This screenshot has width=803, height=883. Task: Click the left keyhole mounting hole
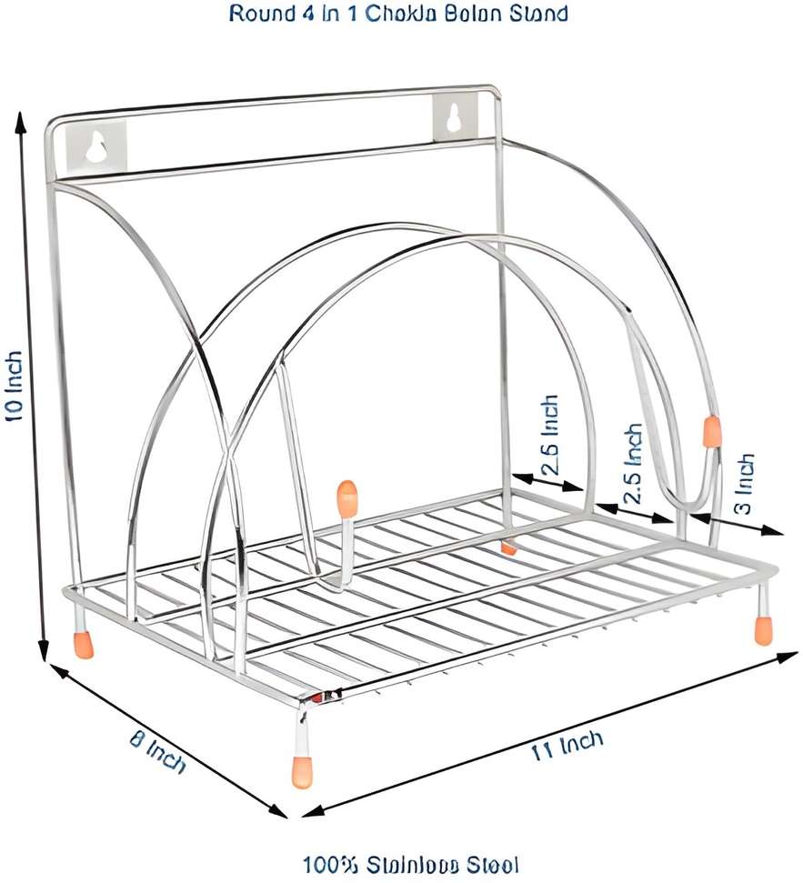pyautogui.click(x=96, y=146)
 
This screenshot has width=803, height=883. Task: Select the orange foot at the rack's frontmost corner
pyautogui.click(x=304, y=771)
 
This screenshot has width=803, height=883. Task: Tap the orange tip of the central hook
pyautogui.click(x=346, y=497)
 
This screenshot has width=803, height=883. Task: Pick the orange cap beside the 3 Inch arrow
pyautogui.click(x=711, y=431)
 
